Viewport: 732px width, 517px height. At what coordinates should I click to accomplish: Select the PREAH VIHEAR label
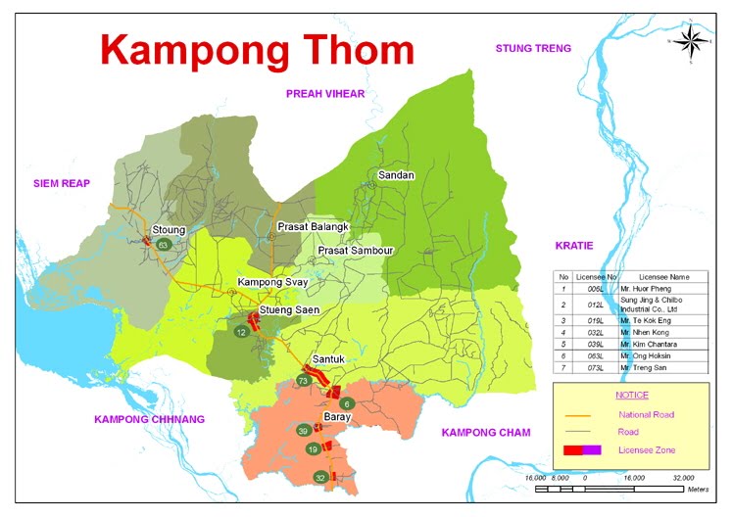324,94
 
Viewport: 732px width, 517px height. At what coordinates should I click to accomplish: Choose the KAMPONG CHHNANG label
150,419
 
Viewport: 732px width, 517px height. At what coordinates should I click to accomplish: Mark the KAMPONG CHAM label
486,432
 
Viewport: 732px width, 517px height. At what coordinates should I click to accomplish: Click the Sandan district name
396,175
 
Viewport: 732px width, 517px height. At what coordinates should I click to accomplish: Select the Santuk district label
329,359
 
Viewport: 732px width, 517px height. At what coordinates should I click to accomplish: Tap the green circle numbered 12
241,333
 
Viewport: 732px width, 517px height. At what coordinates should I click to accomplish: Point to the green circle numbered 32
319,477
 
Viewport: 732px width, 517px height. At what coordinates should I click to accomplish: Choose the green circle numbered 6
345,403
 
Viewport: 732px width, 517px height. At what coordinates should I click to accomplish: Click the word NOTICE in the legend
631,395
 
